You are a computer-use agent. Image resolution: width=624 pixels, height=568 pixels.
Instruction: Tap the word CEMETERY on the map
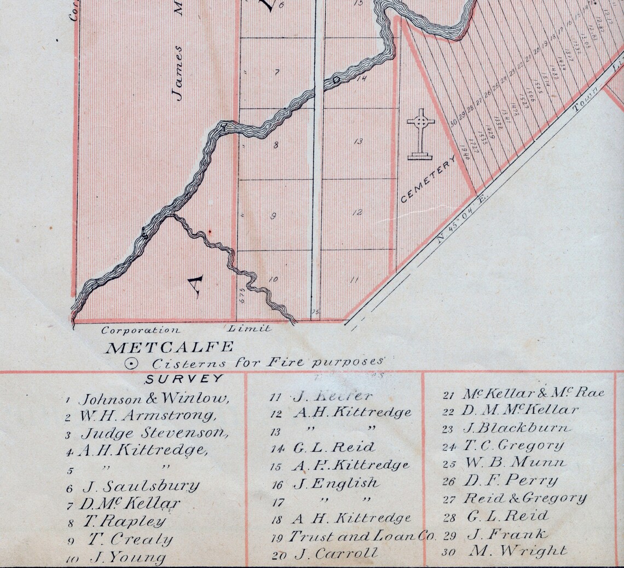click(x=428, y=179)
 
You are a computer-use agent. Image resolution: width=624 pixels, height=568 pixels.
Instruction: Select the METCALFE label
click(x=169, y=347)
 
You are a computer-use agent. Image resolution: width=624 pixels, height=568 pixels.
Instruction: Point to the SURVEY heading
click(x=184, y=378)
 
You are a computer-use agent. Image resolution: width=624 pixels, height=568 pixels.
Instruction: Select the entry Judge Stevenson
click(x=154, y=433)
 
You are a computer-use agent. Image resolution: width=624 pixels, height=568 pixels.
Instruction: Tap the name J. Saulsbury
click(x=141, y=486)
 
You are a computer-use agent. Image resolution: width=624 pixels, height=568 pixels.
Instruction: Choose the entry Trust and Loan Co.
click(x=362, y=536)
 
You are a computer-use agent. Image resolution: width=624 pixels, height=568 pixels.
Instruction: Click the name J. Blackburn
click(x=516, y=428)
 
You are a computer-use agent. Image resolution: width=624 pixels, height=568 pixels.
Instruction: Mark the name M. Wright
click(x=517, y=551)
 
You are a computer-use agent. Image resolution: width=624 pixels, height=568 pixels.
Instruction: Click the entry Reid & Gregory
click(x=525, y=498)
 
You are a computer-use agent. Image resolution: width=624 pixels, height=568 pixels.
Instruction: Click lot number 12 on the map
click(x=357, y=213)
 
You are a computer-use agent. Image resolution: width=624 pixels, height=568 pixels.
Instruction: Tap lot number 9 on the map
click(x=273, y=216)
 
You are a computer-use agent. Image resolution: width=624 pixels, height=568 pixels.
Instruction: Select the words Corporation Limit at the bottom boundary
click(x=186, y=330)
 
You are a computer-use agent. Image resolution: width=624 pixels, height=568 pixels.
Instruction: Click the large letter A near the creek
click(x=195, y=285)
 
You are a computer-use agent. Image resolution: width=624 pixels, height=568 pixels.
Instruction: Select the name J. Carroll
click(x=336, y=554)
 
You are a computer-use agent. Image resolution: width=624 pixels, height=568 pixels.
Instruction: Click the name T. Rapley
click(x=124, y=521)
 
